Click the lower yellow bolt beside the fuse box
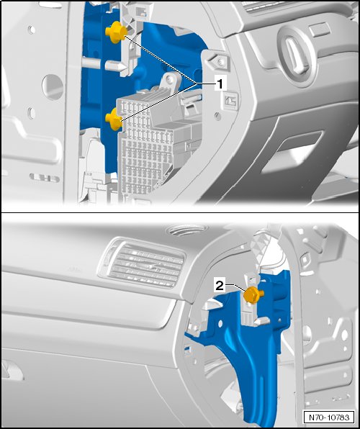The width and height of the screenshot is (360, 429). click(114, 119)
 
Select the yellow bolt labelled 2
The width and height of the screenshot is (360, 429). click(253, 295)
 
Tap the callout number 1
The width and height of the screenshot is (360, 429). click(220, 83)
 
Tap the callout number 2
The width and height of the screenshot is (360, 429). click(220, 286)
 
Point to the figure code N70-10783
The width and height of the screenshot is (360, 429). click(329, 417)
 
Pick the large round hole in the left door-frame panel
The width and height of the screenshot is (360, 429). click(53, 87)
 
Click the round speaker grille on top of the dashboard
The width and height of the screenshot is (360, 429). click(187, 230)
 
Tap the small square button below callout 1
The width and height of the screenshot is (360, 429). click(231, 101)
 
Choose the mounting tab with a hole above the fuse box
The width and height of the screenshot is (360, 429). click(171, 81)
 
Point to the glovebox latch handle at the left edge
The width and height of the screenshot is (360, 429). click(12, 369)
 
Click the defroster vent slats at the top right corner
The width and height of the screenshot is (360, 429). click(263, 6)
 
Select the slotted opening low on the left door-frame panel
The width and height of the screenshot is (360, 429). click(45, 178)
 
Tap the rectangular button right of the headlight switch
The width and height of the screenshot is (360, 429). click(320, 30)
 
